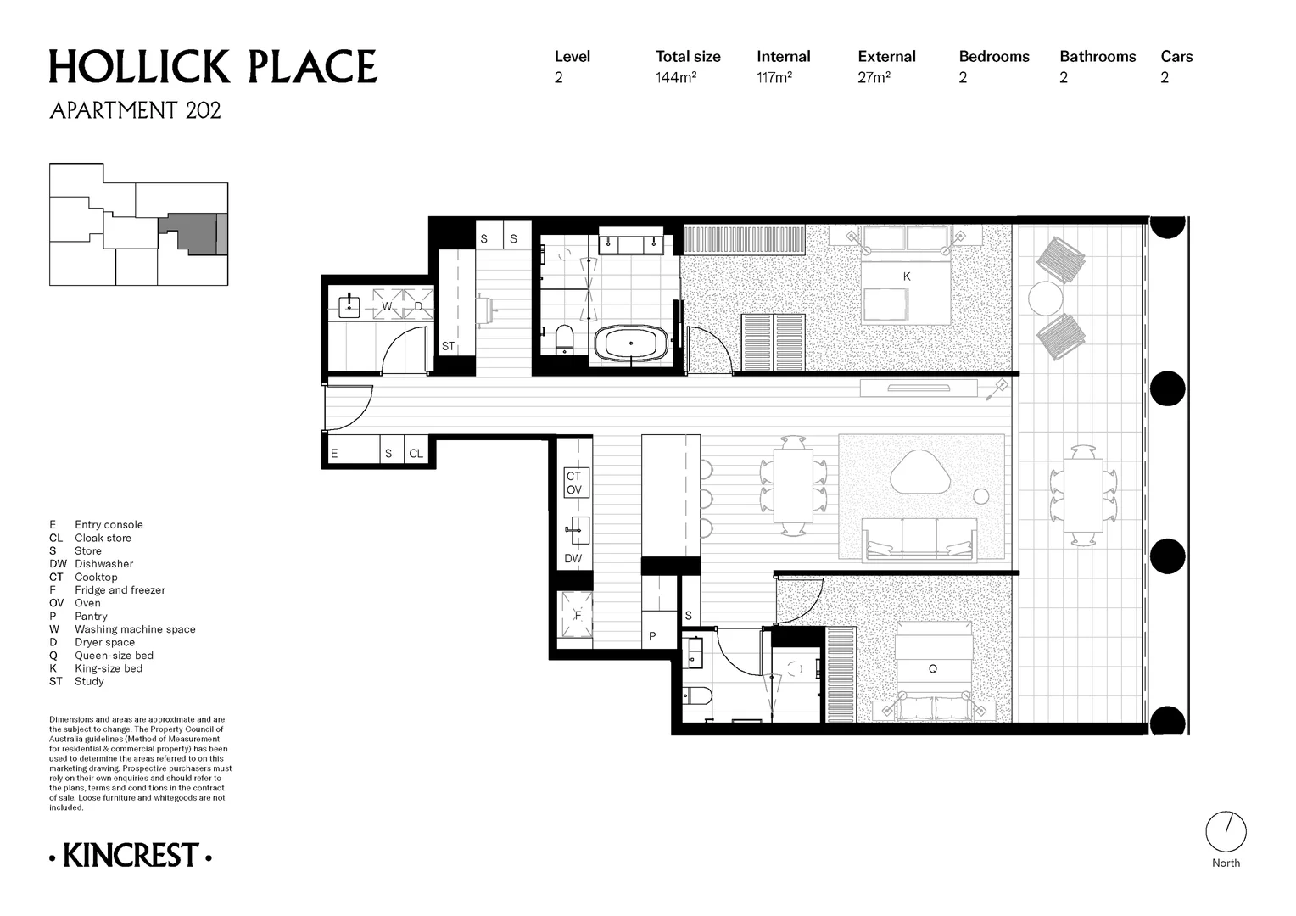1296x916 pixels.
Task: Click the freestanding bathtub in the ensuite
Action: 631,343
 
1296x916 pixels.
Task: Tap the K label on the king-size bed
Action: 907,276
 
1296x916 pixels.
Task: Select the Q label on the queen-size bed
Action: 933,669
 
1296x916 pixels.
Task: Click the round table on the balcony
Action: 1046,299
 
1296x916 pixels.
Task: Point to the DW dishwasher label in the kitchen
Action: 573,558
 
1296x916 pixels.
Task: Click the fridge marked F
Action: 576,615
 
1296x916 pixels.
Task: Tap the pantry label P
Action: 652,636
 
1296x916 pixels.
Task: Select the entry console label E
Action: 334,454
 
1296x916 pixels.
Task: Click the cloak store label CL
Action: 416,454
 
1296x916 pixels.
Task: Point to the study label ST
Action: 448,347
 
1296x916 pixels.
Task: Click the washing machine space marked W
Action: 387,304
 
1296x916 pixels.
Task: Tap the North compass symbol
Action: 1226,831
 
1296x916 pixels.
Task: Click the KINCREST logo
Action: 130,856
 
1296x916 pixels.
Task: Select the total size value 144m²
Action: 676,77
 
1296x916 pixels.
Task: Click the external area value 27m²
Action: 874,77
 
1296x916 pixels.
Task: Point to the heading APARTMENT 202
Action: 136,110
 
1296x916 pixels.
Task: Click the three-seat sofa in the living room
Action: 919,540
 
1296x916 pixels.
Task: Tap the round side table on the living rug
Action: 980,496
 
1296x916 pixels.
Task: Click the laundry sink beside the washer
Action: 349,307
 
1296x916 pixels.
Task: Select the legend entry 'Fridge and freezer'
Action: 120,590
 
